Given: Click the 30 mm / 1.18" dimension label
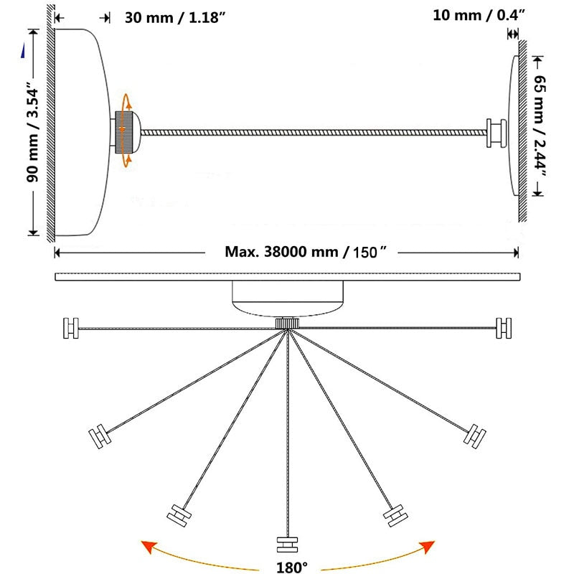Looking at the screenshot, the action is coord(174,17).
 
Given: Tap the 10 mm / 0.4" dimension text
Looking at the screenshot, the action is coord(479,15).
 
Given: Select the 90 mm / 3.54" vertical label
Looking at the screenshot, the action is coord(32,135).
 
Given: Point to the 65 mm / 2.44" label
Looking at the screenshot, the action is coord(540,126).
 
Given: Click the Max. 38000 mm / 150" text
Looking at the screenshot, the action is coord(306,252).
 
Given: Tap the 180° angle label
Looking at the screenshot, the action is coord(292,567).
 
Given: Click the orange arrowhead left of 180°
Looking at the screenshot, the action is coord(149,547).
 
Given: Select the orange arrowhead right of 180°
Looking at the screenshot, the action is coord(426,547).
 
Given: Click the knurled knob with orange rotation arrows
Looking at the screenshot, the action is coord(124,132).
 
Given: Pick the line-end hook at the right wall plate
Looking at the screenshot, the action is coord(496,133).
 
